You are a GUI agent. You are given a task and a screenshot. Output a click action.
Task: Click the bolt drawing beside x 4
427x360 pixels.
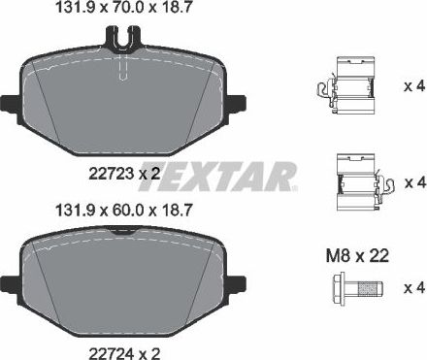point(353,288)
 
